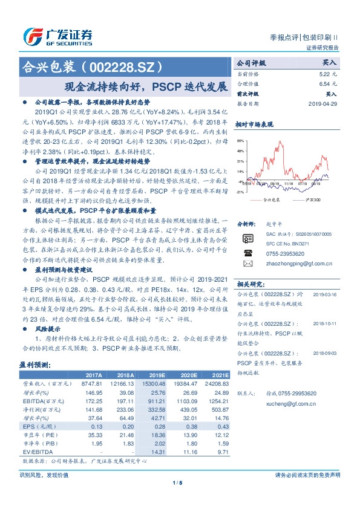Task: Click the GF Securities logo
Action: [58, 37]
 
